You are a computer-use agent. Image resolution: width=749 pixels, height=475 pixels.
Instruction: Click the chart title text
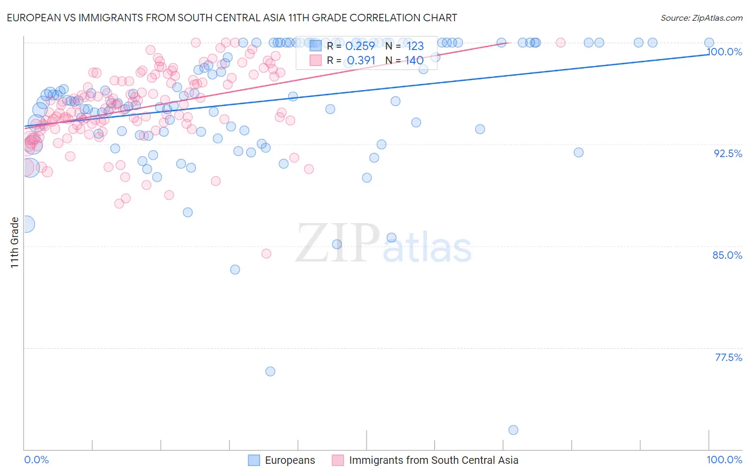click(232, 18)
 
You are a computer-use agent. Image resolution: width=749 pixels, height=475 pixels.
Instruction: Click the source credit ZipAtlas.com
click(701, 18)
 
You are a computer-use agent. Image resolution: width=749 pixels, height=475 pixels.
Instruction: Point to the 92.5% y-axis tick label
click(728, 153)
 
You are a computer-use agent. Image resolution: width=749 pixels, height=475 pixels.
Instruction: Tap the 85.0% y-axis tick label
click(727, 255)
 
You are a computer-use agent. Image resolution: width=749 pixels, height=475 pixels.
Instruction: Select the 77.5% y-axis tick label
click(728, 357)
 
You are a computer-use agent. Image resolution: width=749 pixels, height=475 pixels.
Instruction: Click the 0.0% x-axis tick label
click(37, 460)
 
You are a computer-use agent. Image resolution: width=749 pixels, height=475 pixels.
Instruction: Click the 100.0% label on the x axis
click(724, 460)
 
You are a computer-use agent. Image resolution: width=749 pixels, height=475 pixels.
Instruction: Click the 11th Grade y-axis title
click(15, 242)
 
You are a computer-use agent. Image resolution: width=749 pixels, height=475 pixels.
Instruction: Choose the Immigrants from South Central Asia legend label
click(433, 460)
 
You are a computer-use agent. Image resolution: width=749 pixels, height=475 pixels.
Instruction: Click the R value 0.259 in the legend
click(360, 46)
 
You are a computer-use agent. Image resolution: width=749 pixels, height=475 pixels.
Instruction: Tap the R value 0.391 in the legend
click(361, 61)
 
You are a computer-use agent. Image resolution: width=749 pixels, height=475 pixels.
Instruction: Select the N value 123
click(415, 46)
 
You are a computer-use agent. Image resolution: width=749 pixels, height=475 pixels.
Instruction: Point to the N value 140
click(414, 61)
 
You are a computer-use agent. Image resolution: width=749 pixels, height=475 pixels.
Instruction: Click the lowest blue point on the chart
click(513, 430)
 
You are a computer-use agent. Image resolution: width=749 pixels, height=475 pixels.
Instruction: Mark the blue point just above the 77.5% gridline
click(270, 371)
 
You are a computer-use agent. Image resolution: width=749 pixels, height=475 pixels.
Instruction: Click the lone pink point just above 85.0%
click(266, 253)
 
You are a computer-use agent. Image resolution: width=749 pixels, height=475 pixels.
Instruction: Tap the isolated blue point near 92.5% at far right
click(579, 152)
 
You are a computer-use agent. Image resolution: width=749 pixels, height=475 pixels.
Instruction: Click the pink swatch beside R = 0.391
click(315, 60)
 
